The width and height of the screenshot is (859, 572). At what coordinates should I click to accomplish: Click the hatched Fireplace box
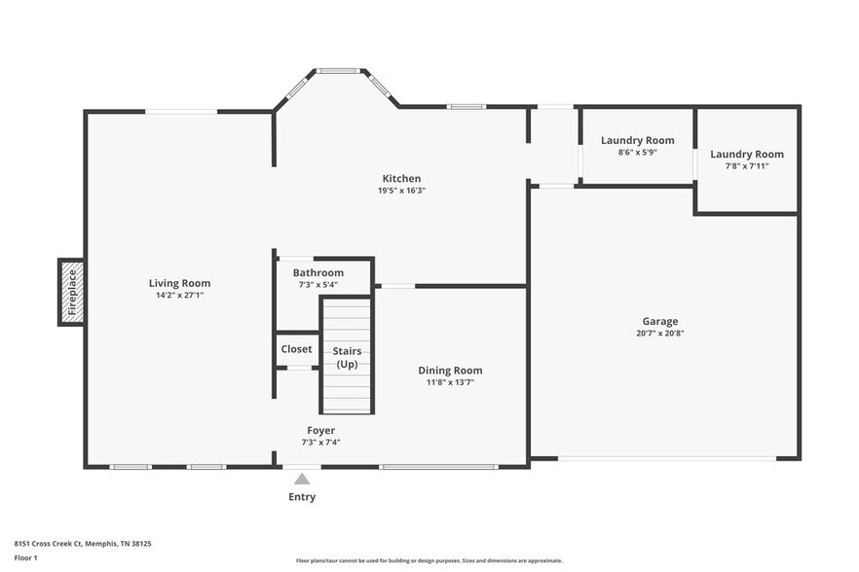pyautogui.click(x=72, y=292)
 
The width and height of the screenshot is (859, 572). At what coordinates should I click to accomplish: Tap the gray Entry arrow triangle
pyautogui.click(x=302, y=480)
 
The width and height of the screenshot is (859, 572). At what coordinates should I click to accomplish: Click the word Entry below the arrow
pyautogui.click(x=302, y=497)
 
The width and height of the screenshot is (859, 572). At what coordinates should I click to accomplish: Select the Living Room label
pyautogui.click(x=179, y=283)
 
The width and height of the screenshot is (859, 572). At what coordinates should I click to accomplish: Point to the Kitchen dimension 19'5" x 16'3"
pyautogui.click(x=401, y=191)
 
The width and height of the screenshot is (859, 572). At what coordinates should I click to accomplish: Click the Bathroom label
pyautogui.click(x=318, y=272)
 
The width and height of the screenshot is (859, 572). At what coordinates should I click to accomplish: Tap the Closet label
pyautogui.click(x=296, y=348)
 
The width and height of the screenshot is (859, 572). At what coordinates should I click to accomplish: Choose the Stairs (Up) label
pyautogui.click(x=347, y=357)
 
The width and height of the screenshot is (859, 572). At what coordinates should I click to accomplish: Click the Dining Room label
pyautogui.click(x=450, y=371)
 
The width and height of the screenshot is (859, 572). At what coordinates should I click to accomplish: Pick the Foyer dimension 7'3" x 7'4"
pyautogui.click(x=321, y=443)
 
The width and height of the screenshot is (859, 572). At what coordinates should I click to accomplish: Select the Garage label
pyautogui.click(x=660, y=321)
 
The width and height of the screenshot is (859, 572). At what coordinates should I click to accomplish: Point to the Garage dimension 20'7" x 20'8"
pyautogui.click(x=660, y=333)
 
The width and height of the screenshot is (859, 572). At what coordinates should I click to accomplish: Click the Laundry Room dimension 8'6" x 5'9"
pyautogui.click(x=638, y=152)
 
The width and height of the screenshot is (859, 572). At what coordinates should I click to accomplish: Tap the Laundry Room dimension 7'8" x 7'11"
pyautogui.click(x=747, y=165)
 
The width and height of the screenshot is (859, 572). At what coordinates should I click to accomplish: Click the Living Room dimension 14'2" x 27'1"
pyautogui.click(x=179, y=295)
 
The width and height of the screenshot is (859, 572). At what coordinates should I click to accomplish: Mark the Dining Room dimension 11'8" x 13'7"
pyautogui.click(x=450, y=382)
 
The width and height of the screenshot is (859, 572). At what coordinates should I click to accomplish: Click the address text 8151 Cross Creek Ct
pyautogui.click(x=49, y=544)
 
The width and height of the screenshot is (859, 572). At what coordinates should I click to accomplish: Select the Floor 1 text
pyautogui.click(x=25, y=558)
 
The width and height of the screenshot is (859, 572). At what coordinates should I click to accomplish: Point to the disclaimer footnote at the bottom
pyautogui.click(x=429, y=560)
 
